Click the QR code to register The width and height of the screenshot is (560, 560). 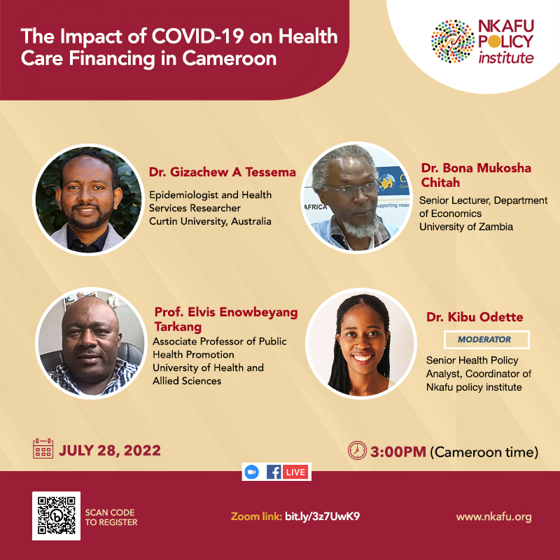coord(57,516)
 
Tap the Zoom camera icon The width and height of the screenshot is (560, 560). coord(252,472)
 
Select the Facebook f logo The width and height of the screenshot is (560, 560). coord(274,472)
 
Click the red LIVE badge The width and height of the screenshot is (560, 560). coord(295,472)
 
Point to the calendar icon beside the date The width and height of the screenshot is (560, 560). coord(43,448)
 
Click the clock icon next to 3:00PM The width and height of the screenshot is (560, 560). coord(357,450)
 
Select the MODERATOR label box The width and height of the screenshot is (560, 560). coord(486,339)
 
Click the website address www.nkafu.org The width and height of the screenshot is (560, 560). coord(493,517)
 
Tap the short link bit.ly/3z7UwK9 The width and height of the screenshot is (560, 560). coord(322,517)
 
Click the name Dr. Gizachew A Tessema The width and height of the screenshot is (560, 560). coord(222,172)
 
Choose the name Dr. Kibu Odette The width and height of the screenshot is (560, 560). coord(475,317)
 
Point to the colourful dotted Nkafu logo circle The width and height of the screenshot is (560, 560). coord(453,41)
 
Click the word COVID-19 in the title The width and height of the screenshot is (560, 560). coord(198,36)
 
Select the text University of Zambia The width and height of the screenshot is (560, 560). coord(466,227)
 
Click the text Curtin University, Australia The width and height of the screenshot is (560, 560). coord(210,221)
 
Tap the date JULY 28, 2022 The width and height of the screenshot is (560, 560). coord(110,450)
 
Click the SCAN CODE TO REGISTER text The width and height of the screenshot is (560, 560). coord(111,517)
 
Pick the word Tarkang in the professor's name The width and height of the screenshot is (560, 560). coord(178,327)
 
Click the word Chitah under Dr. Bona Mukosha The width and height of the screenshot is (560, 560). coord(440,183)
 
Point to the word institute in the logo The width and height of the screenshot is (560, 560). coord(506,58)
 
